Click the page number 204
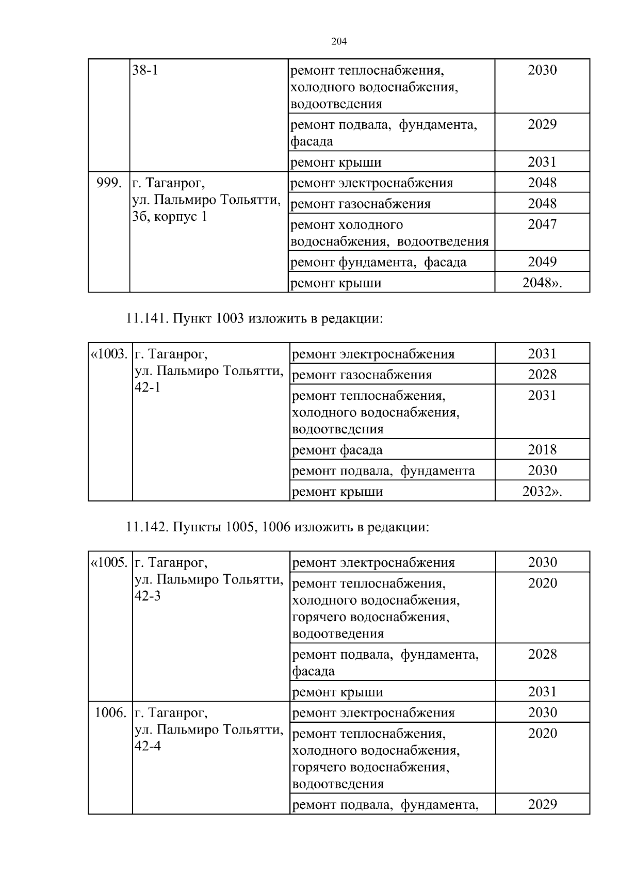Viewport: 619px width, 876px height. (x=338, y=42)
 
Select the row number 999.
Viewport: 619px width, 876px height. (x=109, y=183)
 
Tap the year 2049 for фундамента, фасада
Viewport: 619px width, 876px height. (x=542, y=262)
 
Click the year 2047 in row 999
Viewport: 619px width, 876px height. (x=542, y=224)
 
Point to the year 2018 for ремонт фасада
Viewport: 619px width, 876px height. (x=542, y=449)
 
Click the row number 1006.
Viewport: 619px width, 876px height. (x=110, y=712)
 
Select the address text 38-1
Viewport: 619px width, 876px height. (x=145, y=70)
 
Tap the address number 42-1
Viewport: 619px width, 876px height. (x=147, y=387)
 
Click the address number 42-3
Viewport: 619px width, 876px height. (x=148, y=596)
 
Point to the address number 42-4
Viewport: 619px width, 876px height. (x=148, y=746)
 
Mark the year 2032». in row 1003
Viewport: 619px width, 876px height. (x=542, y=491)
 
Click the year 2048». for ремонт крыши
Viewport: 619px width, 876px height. (x=542, y=283)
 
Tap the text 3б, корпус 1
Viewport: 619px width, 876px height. (x=169, y=217)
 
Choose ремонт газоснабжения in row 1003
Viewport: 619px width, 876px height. (x=362, y=375)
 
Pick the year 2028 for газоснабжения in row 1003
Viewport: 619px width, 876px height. (x=542, y=375)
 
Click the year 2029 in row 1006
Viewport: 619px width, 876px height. (x=543, y=804)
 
